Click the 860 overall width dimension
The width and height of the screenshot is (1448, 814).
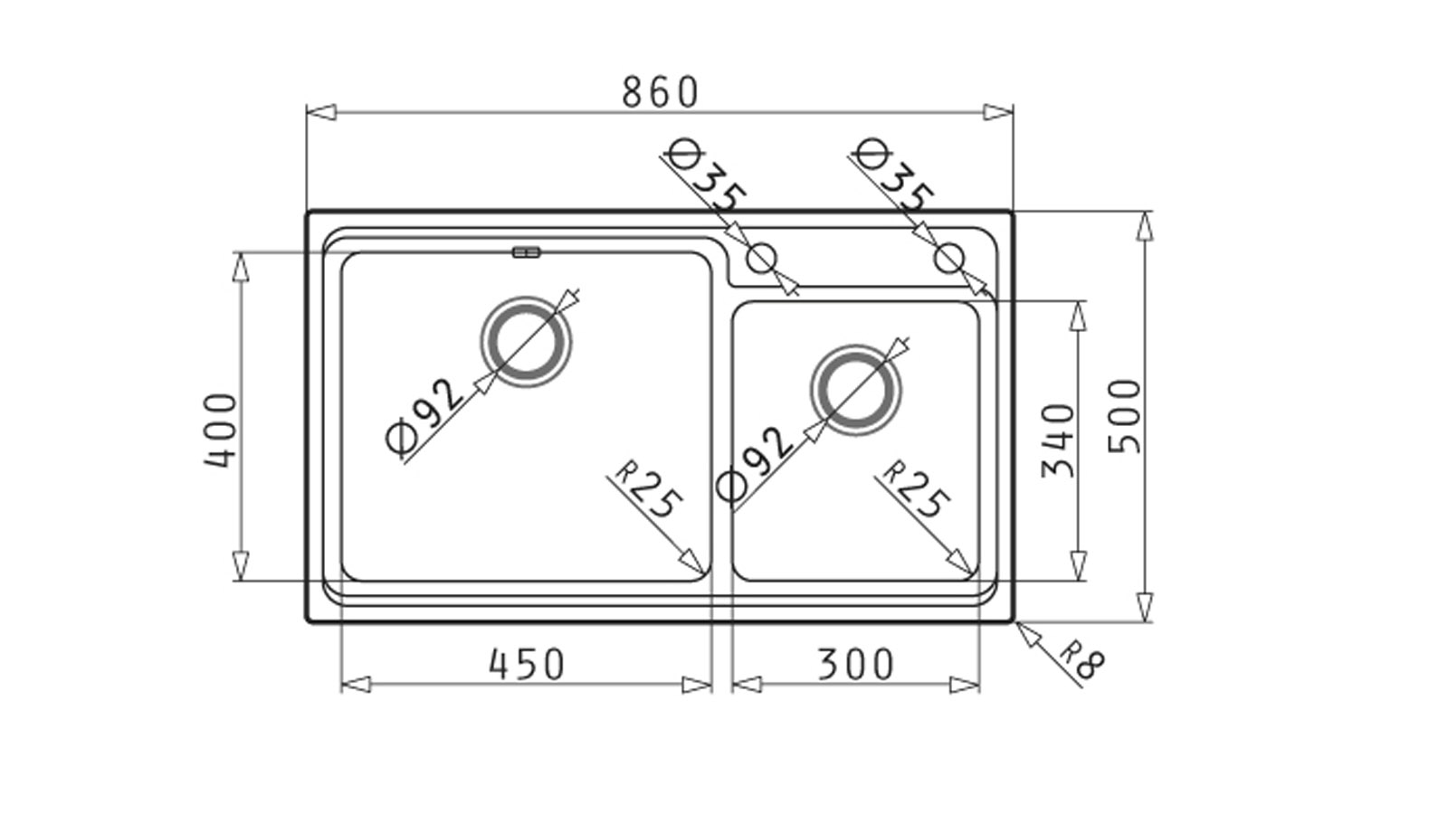click(660, 92)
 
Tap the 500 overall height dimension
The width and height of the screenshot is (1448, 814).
click(1126, 417)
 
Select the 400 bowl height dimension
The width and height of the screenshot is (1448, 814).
click(221, 431)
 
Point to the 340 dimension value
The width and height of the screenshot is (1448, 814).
click(1058, 440)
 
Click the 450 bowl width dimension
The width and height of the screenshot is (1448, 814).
click(527, 664)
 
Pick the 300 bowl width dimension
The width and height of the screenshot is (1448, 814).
click(856, 664)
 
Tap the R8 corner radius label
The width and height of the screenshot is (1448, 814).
click(1082, 659)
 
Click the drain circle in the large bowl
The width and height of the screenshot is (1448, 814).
click(526, 298)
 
